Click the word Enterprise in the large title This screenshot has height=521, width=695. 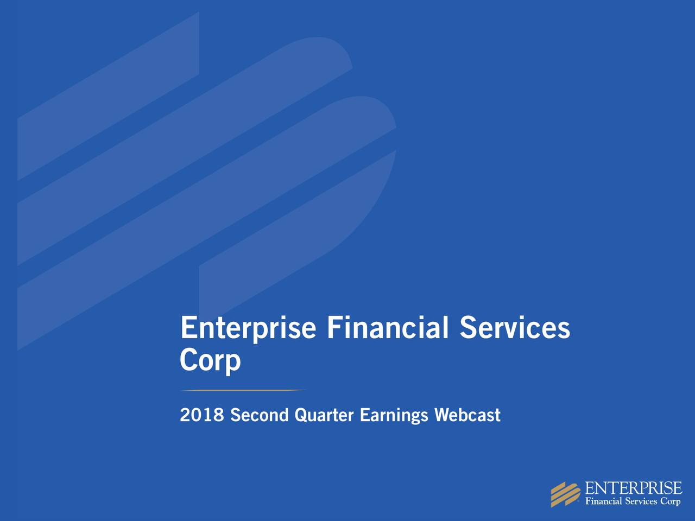click(248, 328)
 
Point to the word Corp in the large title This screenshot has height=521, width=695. click(210, 360)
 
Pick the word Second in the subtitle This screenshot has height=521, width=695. click(259, 415)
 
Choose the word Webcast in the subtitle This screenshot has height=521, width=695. click(467, 415)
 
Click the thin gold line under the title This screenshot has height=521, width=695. click(243, 390)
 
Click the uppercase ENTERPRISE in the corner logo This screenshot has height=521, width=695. click(633, 488)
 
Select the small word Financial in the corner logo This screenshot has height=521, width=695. click(603, 501)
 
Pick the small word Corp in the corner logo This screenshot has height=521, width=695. click(670, 502)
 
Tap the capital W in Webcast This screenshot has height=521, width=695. click(441, 415)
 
